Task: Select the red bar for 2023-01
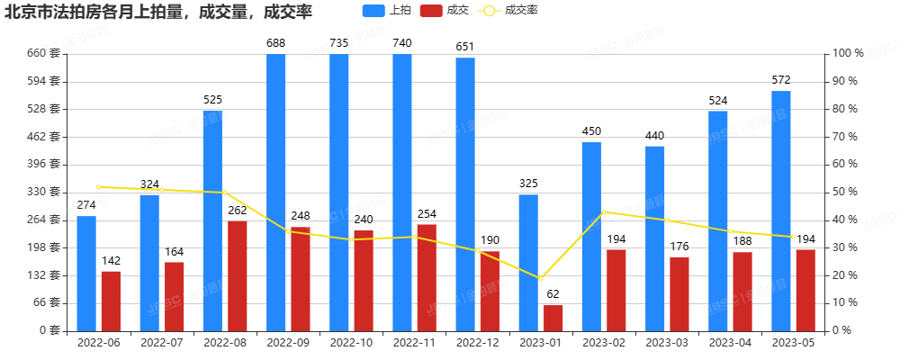tap(553, 318)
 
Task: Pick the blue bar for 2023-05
tap(780, 211)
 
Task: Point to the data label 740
tap(402, 43)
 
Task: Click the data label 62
tap(553, 293)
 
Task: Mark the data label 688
tap(276, 43)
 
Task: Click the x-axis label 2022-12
tap(478, 343)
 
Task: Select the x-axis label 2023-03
tap(667, 343)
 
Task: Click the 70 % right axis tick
tap(847, 137)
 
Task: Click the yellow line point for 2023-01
tap(541, 278)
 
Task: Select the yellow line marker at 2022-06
tap(99, 186)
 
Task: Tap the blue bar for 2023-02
tap(591, 236)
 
